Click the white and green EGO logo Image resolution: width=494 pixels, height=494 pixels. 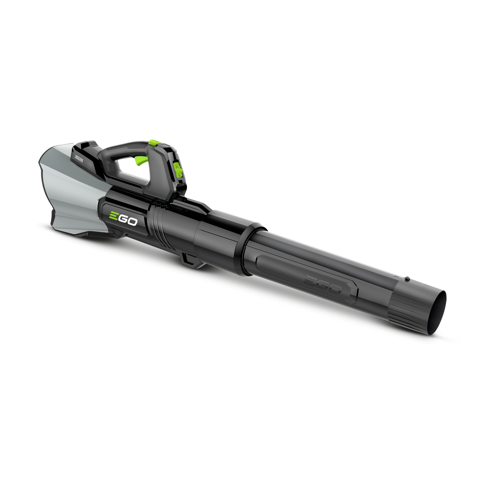point(122,219)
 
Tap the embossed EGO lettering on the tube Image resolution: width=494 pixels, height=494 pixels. point(323,284)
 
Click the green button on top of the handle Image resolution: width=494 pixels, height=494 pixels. point(154,144)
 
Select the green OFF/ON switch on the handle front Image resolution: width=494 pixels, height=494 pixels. point(178,170)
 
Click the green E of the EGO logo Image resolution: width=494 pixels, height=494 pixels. point(113,217)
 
